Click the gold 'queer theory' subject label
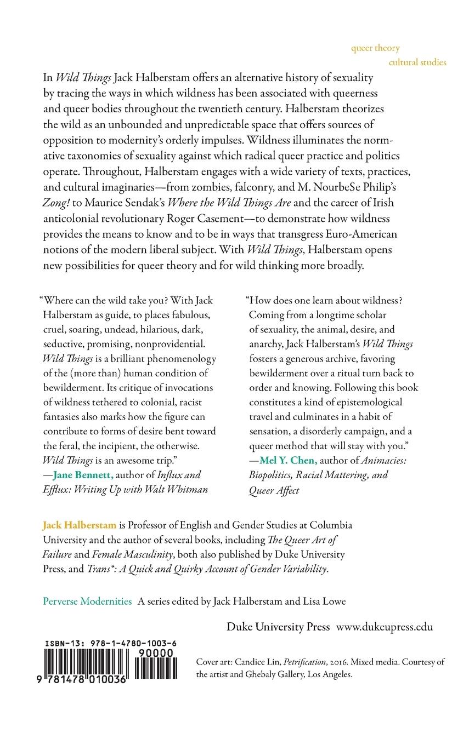375,48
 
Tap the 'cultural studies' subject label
417,62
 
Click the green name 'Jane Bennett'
82,475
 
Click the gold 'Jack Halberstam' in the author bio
80,525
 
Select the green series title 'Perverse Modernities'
87,601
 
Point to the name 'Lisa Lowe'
324,601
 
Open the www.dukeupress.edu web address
385,627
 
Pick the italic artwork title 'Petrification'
312,662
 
